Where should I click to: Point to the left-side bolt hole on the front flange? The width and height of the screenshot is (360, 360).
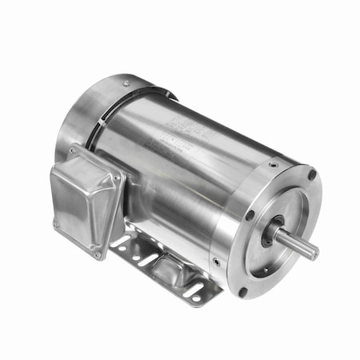coord(250,214)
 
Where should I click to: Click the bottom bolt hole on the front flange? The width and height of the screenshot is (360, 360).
coord(242,291)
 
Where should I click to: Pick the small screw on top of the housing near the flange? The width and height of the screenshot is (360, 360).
coord(273,164)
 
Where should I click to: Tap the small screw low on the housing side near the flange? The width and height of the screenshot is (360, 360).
coord(214,260)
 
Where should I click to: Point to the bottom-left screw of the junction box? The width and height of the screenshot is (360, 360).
coord(56,223)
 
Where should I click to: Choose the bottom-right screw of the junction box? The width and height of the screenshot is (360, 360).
coord(98,254)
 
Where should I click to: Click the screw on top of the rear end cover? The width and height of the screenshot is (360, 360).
coord(126,82)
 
